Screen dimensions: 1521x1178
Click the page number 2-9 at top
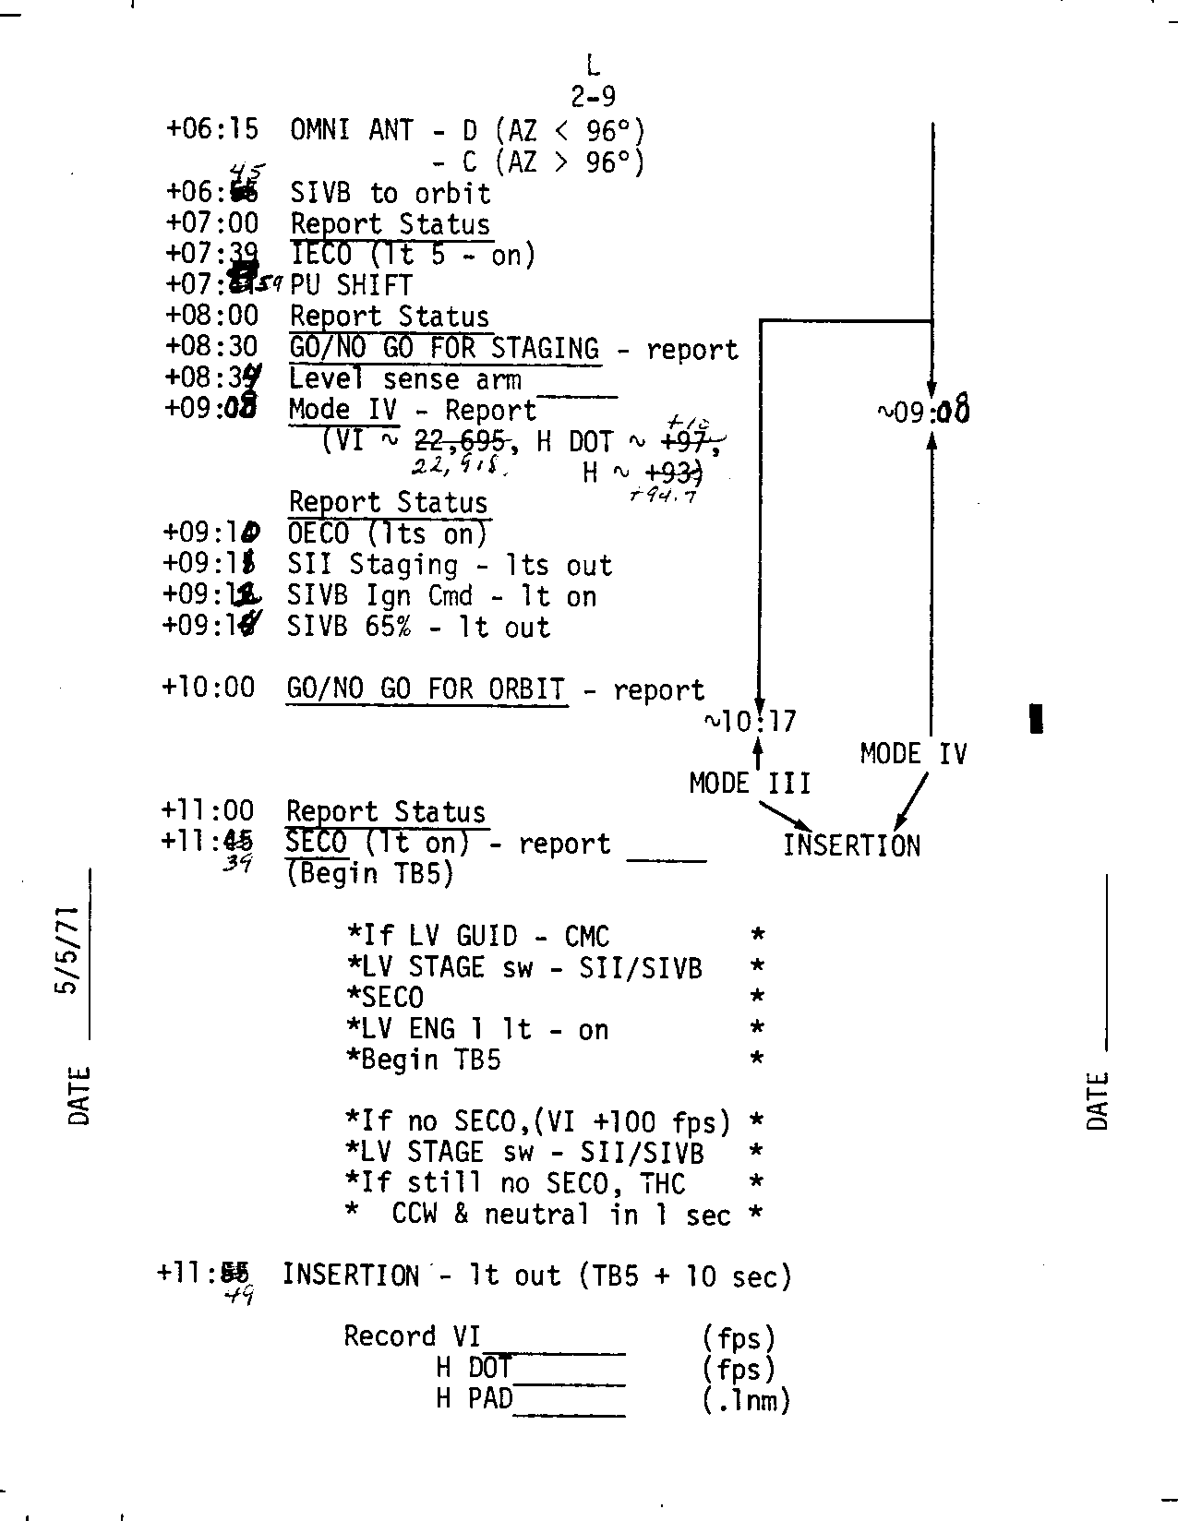[x=593, y=96]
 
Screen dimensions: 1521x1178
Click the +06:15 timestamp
[x=212, y=129]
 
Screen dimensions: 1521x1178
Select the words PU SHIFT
[x=351, y=285]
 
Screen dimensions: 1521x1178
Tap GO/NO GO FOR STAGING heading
[x=444, y=349]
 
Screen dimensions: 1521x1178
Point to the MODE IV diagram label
[x=913, y=754]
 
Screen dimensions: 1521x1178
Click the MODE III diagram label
[x=750, y=784]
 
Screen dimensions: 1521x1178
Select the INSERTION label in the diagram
[x=851, y=845]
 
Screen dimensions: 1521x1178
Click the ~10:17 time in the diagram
[x=750, y=721]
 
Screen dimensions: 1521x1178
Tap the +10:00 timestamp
[x=208, y=688]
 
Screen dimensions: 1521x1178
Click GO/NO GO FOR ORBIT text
[x=427, y=689]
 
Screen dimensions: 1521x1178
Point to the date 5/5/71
[x=70, y=951]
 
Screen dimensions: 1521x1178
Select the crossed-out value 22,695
[x=460, y=441]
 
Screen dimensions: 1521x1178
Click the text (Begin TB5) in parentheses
[x=370, y=873]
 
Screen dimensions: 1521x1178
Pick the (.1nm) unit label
[x=746, y=1400]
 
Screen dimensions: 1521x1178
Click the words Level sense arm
[x=404, y=379]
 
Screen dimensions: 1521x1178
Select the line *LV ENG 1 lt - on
[x=477, y=1029]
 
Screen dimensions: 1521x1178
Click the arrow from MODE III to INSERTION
[x=785, y=815]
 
